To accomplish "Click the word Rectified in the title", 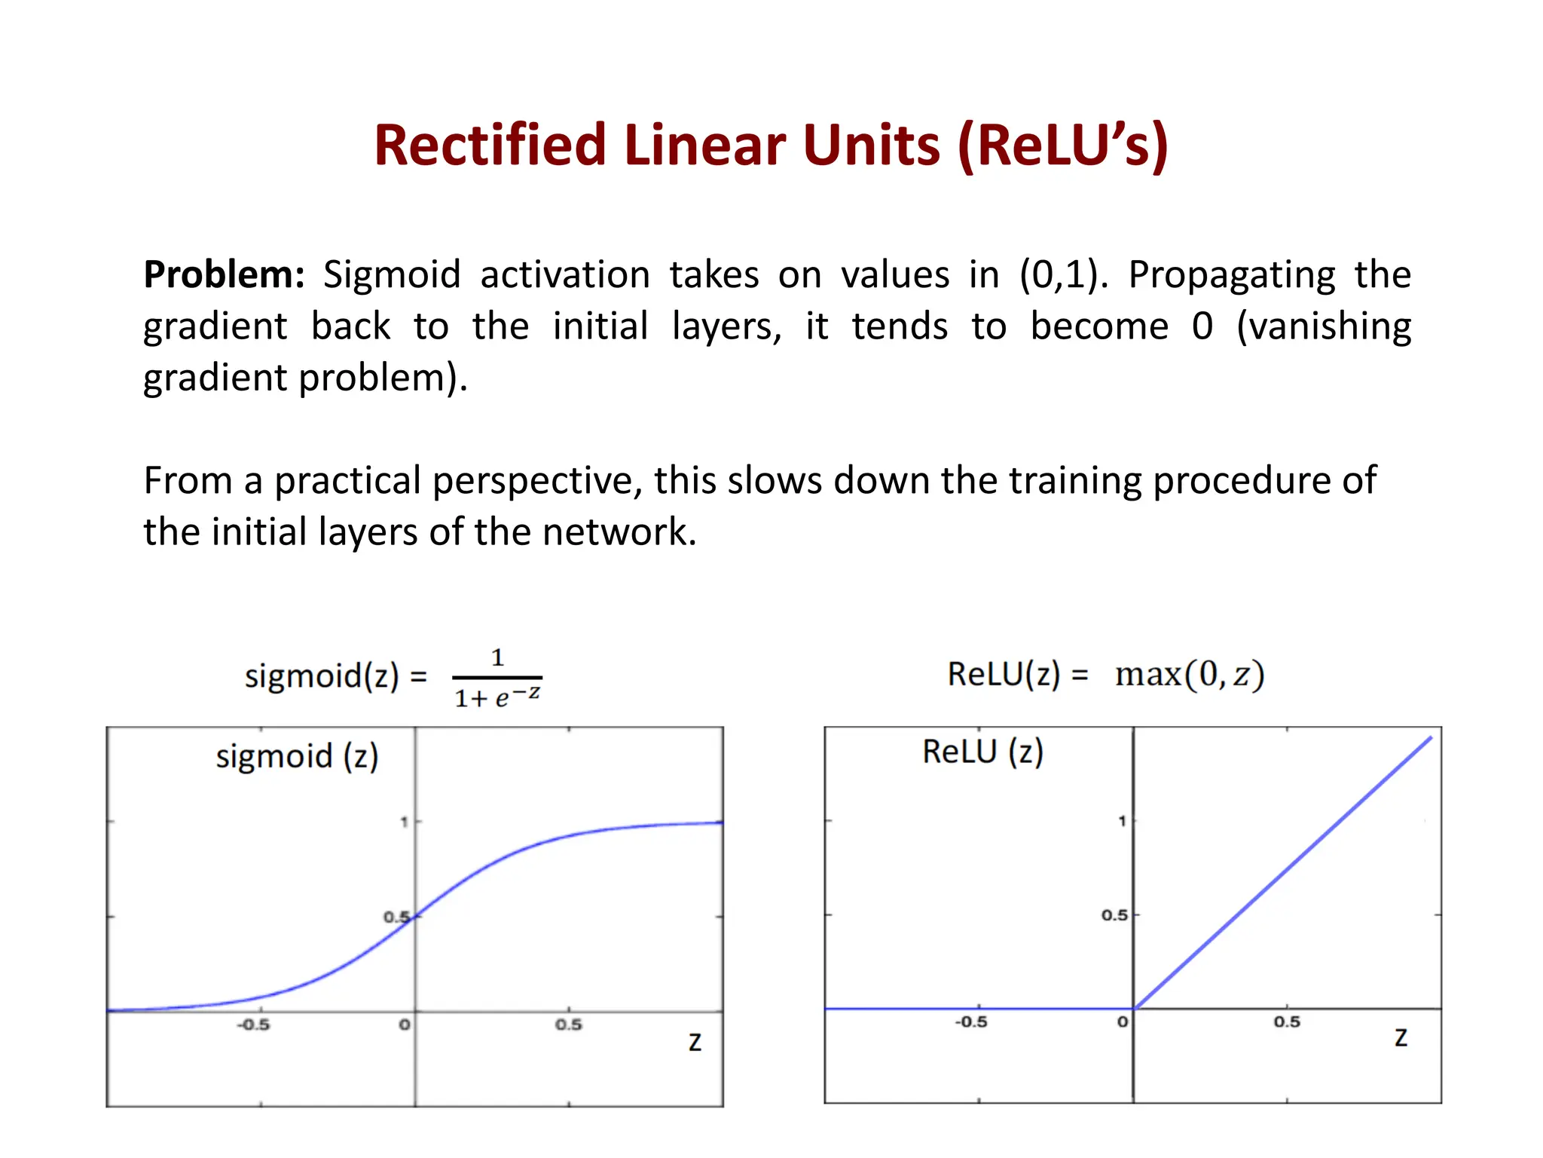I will tap(490, 145).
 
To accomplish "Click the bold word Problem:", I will tap(224, 274).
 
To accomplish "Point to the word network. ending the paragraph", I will tap(619, 532).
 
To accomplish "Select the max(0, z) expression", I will tap(1189, 674).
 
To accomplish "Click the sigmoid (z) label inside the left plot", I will tap(297, 756).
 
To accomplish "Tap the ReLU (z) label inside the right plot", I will tap(982, 752).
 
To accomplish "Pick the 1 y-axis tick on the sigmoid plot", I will tap(405, 822).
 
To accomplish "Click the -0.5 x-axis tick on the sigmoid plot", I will tap(253, 1025).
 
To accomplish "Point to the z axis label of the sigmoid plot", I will tap(695, 1043).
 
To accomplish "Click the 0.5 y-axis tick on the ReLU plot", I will tap(1114, 915).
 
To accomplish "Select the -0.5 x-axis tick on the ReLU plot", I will tap(970, 1022).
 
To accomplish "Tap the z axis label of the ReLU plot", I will tap(1401, 1038).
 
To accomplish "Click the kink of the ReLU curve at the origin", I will tap(1135, 1008).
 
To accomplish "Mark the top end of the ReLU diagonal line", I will tap(1430, 738).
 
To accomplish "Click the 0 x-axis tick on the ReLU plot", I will tap(1122, 1022).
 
